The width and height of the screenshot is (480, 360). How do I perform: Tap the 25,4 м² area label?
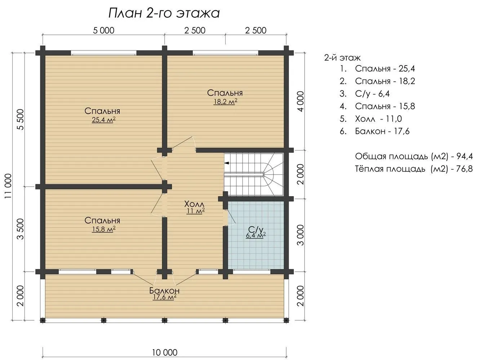(104, 120)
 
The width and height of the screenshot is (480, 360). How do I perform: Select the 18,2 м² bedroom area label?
(225, 102)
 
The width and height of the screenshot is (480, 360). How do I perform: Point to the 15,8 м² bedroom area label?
(104, 229)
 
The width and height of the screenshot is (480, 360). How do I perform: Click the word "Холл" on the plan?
(194, 204)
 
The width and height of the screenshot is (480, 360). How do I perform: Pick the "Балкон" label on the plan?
(164, 291)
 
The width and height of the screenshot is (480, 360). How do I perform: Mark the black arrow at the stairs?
(227, 163)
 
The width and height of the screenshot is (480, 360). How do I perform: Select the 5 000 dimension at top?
(104, 31)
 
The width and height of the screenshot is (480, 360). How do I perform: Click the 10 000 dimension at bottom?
(165, 352)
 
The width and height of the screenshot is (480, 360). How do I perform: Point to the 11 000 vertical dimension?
(8, 186)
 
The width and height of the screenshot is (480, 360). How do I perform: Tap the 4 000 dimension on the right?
(301, 102)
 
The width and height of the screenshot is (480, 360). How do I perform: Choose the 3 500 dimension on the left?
(21, 229)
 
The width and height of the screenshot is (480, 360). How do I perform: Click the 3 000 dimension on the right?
(301, 235)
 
